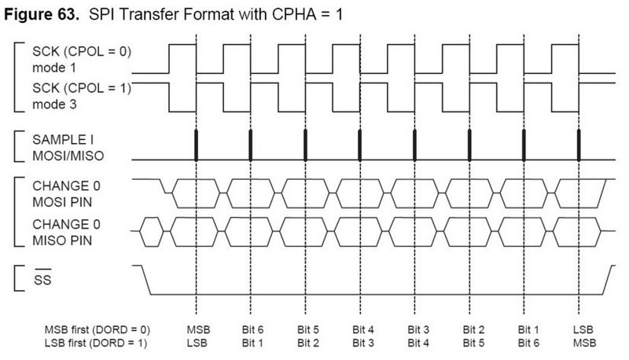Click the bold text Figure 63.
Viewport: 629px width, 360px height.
[x=42, y=14]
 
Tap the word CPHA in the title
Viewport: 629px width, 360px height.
[x=292, y=14]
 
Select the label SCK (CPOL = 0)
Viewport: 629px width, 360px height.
[x=82, y=52]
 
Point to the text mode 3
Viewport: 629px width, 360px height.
[x=54, y=105]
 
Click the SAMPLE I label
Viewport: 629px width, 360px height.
[x=63, y=139]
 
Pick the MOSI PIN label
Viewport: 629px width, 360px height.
[x=62, y=202]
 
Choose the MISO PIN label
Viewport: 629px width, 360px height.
[x=62, y=241]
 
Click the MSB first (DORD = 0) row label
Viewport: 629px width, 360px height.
[x=97, y=330]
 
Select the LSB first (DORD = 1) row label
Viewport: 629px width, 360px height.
[x=95, y=343]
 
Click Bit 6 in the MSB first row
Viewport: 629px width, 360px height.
[x=252, y=329]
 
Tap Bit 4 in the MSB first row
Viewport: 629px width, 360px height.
[x=363, y=329]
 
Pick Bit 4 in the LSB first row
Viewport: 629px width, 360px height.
[x=418, y=343]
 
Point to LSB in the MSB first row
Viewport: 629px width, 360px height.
[x=583, y=329]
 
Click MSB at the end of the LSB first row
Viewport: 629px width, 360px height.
[x=584, y=343]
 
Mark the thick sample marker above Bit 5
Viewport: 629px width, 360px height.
[x=305, y=145]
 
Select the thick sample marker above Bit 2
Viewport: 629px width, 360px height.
[x=469, y=145]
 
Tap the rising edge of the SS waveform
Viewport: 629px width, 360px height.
[x=609, y=280]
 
